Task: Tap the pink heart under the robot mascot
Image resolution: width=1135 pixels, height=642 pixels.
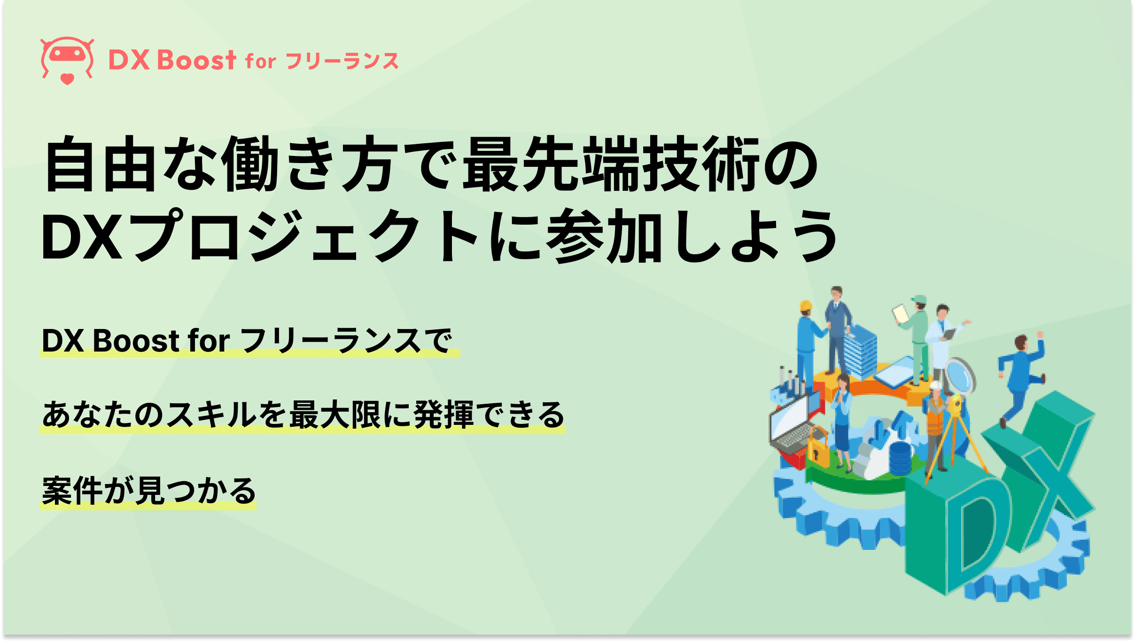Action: pyautogui.click(x=67, y=79)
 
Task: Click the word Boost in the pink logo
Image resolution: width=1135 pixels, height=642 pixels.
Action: pyautogui.click(x=196, y=61)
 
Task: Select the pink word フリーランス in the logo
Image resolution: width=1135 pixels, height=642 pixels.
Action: pyautogui.click(x=342, y=62)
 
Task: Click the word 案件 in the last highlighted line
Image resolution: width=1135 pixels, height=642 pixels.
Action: pyautogui.click(x=72, y=491)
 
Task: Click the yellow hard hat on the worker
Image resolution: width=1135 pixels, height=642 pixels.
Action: pyautogui.click(x=806, y=305)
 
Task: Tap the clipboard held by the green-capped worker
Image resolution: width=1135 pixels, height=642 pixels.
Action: pyautogui.click(x=900, y=313)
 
